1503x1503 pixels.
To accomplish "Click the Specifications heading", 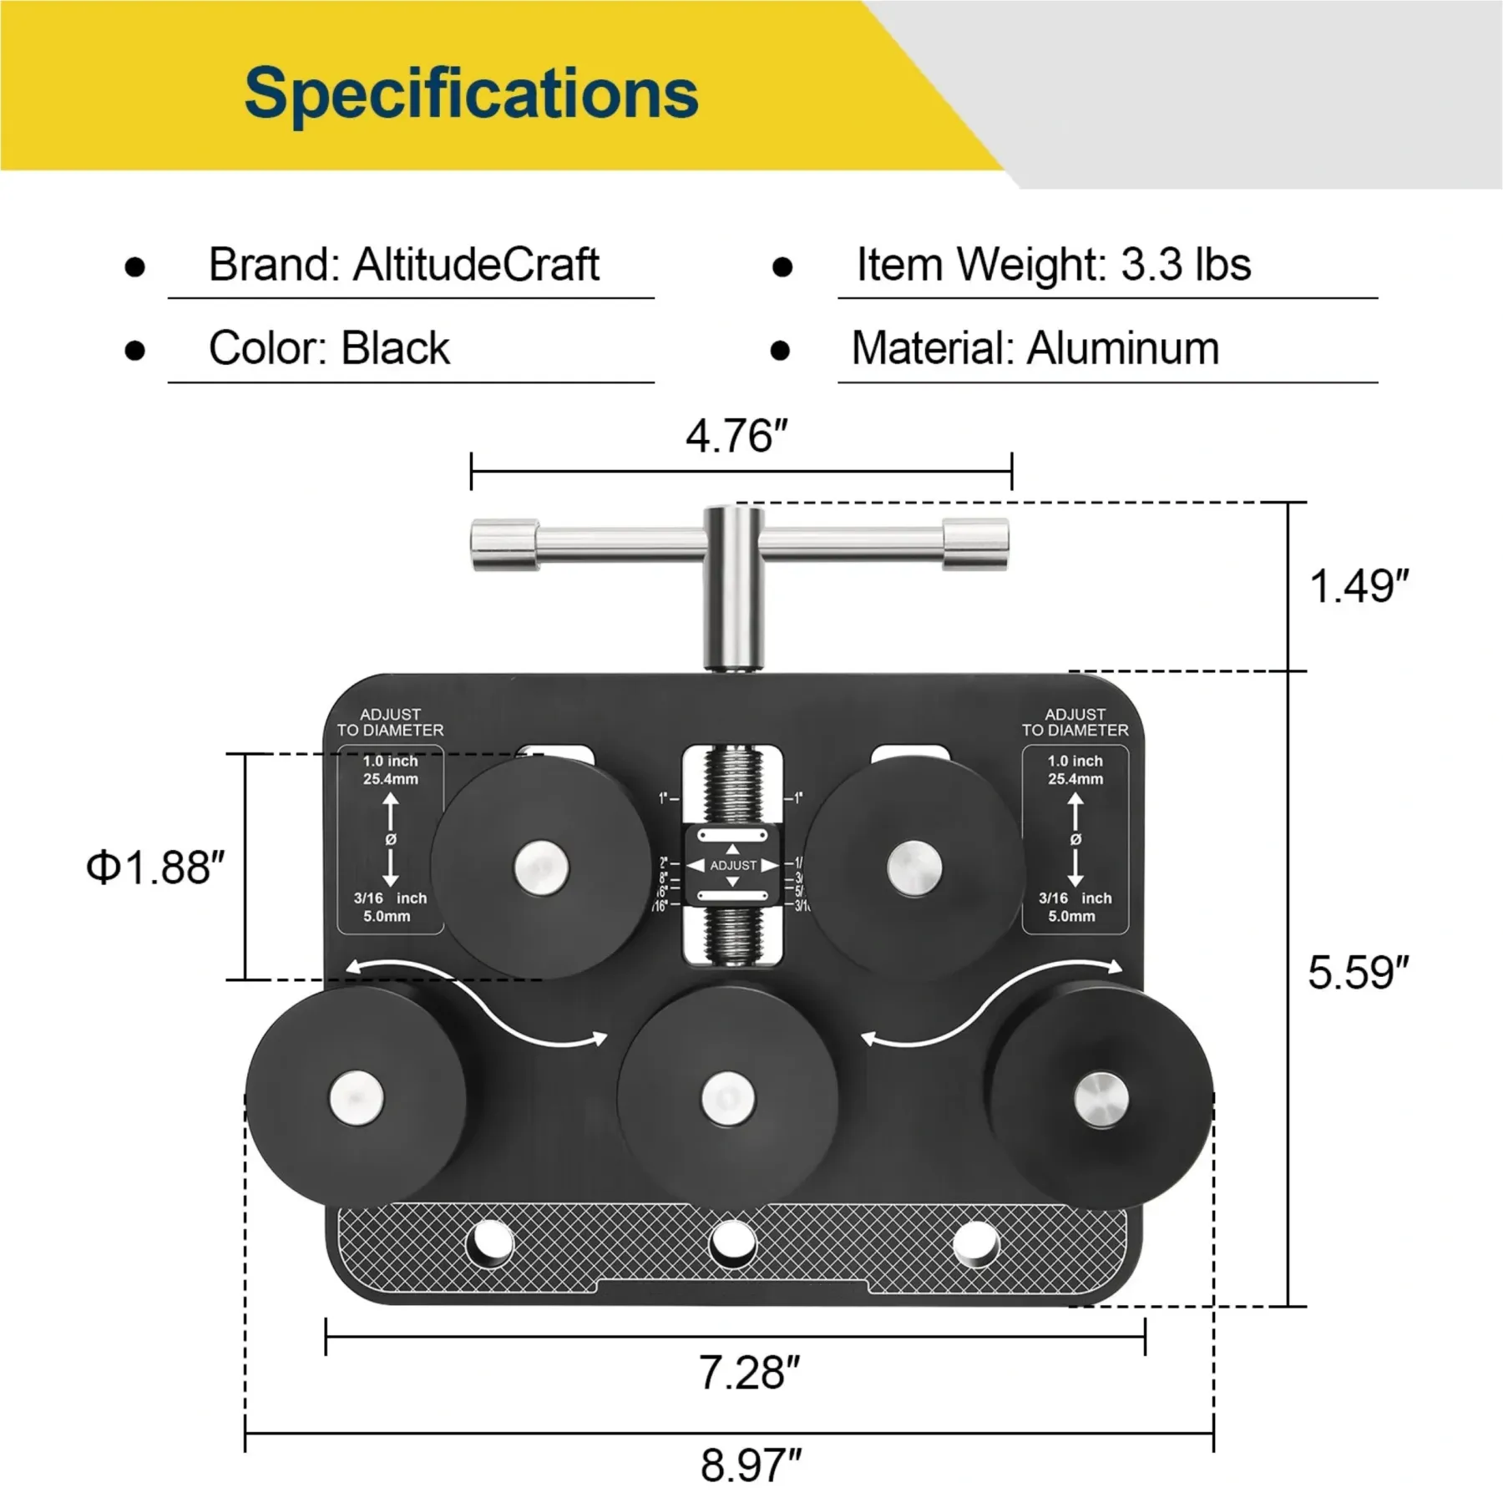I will click(x=471, y=94).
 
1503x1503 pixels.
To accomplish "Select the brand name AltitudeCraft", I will click(x=476, y=265).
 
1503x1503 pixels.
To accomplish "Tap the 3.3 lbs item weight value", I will click(x=1186, y=265).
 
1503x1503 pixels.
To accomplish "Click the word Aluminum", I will click(x=1123, y=348).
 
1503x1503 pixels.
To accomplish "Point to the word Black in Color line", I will click(x=396, y=348).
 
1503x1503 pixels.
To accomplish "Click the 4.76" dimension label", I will click(x=736, y=436).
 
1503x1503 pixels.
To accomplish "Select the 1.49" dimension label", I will click(x=1359, y=586).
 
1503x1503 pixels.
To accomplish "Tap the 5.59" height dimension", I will click(x=1359, y=973).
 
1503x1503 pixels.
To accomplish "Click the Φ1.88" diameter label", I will click(x=156, y=868).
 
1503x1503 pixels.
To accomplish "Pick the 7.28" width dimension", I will click(x=749, y=1373).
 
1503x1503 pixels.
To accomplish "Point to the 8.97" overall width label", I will click(x=751, y=1466).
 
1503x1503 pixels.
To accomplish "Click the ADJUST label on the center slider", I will click(x=733, y=866).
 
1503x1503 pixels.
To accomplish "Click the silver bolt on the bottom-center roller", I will click(x=727, y=1098).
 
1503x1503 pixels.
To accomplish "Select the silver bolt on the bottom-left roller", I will click(x=357, y=1096).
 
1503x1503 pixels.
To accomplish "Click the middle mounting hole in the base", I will click(x=731, y=1243).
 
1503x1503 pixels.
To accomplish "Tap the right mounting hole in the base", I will click(x=975, y=1243).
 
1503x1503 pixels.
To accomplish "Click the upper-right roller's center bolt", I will click(x=913, y=867).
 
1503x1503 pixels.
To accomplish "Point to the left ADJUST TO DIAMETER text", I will click(x=390, y=722).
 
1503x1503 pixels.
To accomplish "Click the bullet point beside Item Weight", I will click(x=782, y=267).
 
